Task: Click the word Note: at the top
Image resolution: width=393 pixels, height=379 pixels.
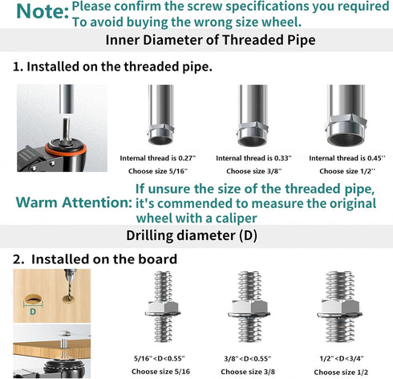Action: point(43,12)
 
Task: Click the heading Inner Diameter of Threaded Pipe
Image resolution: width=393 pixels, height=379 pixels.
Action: point(210,40)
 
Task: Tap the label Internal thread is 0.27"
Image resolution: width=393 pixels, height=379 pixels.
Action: point(158,158)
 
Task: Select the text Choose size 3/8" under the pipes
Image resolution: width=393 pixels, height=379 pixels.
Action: point(253,171)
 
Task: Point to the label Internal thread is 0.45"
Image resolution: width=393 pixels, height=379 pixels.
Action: point(347,158)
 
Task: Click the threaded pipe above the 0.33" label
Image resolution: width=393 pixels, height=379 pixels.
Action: point(253,116)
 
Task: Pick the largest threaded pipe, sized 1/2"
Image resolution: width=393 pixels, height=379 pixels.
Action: point(346,116)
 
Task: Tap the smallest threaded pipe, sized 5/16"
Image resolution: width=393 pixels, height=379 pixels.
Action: point(161,115)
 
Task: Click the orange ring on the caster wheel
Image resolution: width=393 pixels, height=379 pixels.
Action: point(66,149)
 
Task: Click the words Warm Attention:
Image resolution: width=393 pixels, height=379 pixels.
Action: point(74,202)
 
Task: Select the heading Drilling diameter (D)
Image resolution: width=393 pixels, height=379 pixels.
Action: point(192,235)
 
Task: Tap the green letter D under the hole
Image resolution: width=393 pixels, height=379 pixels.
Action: point(33,312)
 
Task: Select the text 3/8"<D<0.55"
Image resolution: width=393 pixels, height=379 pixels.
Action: point(248,359)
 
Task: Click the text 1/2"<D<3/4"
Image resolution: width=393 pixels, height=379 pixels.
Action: point(342,359)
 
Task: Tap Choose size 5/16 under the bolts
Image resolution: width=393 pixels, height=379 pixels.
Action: point(161,372)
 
